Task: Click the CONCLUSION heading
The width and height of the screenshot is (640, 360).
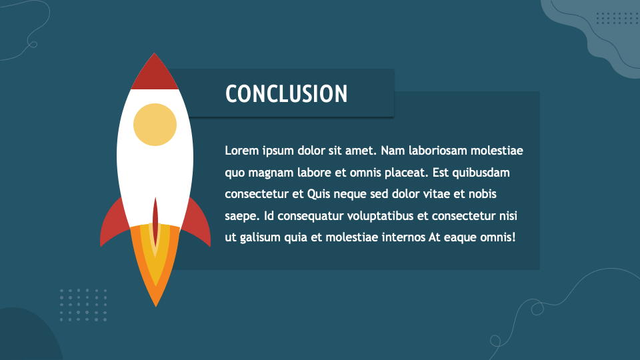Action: (x=287, y=94)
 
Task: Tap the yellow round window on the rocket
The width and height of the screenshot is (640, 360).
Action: (x=155, y=125)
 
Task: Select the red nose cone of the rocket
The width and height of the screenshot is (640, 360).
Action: (x=155, y=75)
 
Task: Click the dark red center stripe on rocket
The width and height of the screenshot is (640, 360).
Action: (x=155, y=220)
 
